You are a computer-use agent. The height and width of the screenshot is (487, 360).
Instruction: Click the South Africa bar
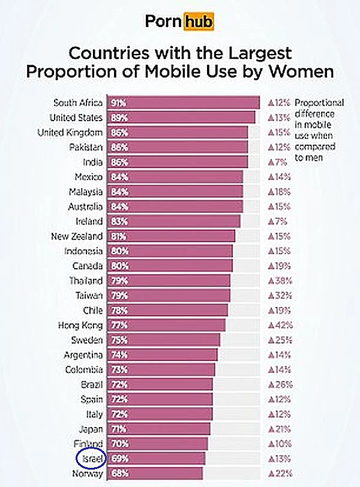pyautogui.click(x=183, y=103)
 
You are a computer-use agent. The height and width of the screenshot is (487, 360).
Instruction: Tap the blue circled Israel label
pyautogui.click(x=91, y=459)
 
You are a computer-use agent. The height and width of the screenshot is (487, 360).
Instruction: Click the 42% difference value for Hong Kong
pyautogui.click(x=280, y=325)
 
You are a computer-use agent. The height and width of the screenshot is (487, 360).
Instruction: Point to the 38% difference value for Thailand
pyautogui.click(x=280, y=281)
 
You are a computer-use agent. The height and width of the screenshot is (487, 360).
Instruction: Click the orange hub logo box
pyautogui.click(x=199, y=22)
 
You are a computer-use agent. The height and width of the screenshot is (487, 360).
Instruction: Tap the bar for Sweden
pyautogui.click(x=163, y=340)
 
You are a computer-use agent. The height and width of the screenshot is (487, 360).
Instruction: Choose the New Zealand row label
pyautogui.click(x=77, y=236)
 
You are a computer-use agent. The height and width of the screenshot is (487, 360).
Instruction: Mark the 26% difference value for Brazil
pyautogui.click(x=280, y=384)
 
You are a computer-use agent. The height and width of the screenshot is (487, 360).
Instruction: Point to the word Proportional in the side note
pyautogui.click(x=319, y=103)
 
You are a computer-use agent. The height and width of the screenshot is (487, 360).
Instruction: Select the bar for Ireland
pyautogui.click(x=173, y=221)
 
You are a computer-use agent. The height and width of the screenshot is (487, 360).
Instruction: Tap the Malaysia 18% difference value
pyautogui.click(x=280, y=192)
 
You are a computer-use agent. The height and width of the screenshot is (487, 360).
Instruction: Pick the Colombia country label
pyautogui.click(x=83, y=369)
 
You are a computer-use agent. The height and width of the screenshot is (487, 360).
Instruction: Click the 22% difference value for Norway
pyautogui.click(x=280, y=474)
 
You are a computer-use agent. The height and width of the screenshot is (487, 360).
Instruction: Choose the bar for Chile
pyautogui.click(x=167, y=311)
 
